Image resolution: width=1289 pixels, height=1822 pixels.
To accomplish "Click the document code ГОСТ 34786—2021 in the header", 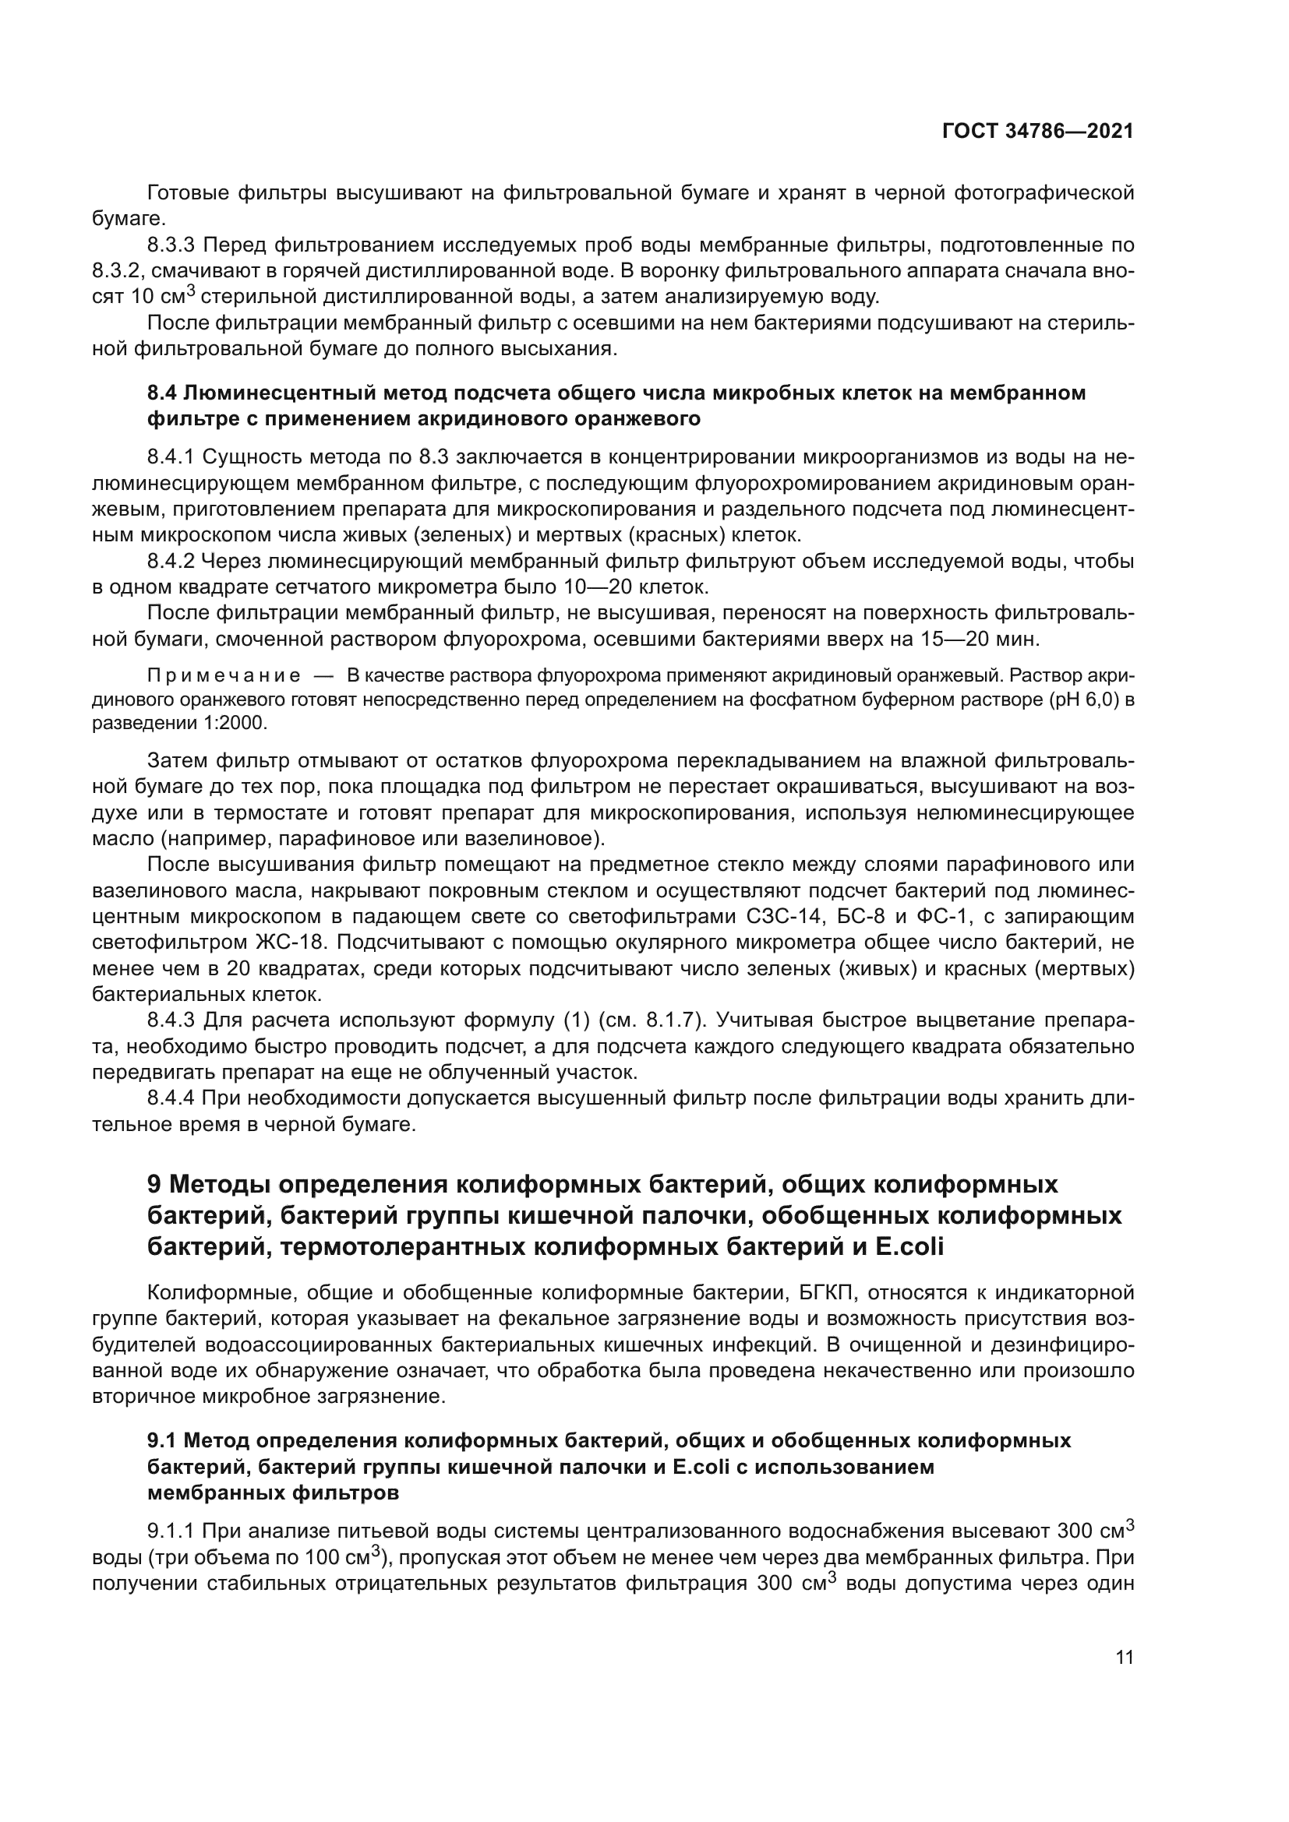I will click(x=1037, y=132).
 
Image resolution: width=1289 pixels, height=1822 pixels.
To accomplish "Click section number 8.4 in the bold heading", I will click(x=162, y=393).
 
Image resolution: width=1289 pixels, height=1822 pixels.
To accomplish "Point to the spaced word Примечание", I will click(x=224, y=676).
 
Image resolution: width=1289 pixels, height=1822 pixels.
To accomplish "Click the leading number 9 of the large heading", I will click(x=155, y=1185).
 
